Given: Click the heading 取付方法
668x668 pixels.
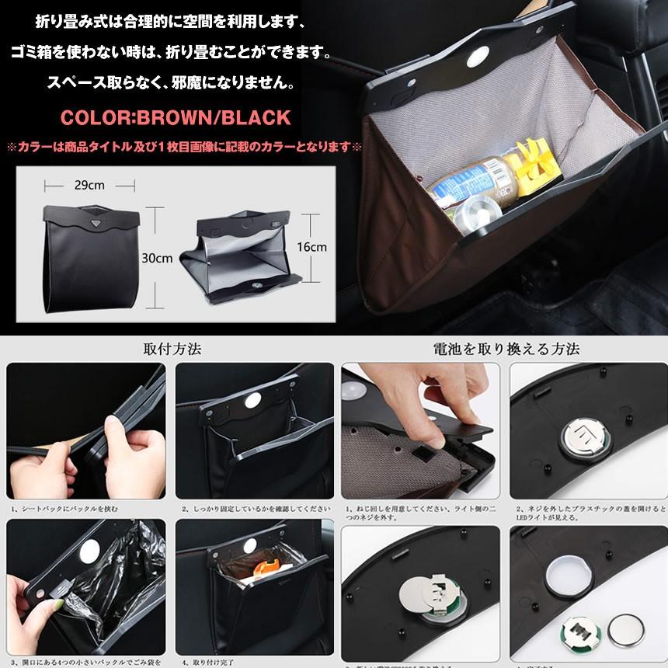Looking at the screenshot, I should point(172,349).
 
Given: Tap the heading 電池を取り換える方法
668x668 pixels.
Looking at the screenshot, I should point(506,349).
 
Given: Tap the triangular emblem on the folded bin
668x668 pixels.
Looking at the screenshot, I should point(94,223).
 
